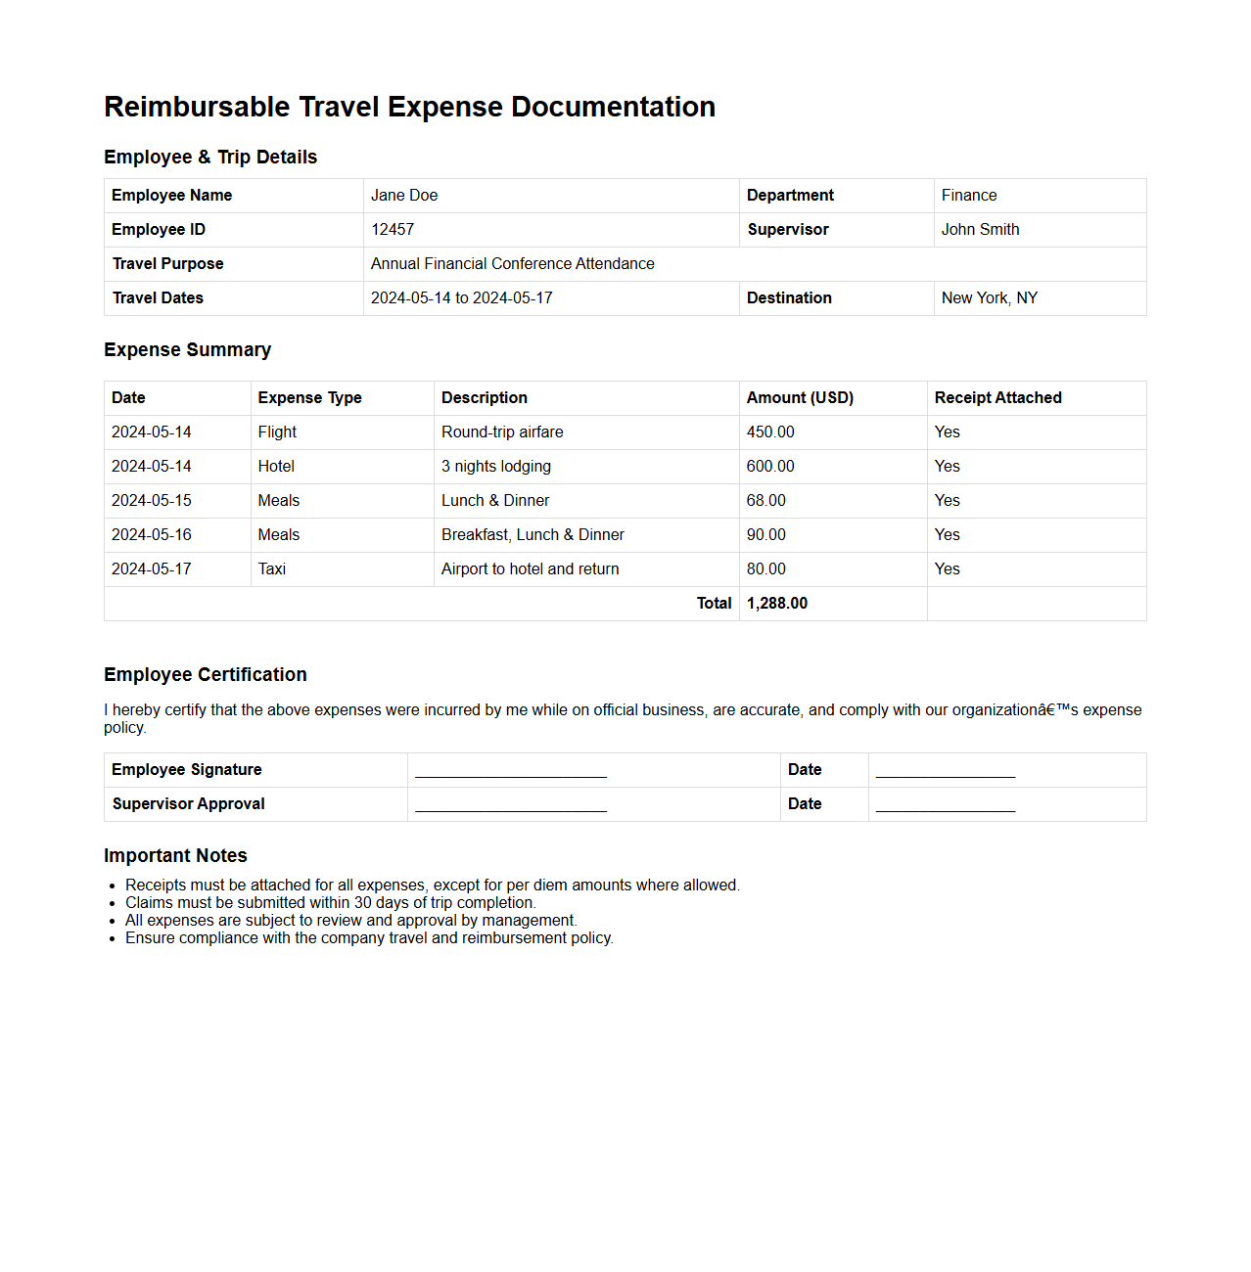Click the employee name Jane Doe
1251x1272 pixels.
[x=403, y=196]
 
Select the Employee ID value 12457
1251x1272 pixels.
[x=392, y=230]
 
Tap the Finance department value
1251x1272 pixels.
[x=968, y=196]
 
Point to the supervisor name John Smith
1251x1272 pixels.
[x=980, y=230]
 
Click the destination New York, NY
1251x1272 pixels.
[x=989, y=298]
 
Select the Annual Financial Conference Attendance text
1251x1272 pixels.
[x=512, y=264]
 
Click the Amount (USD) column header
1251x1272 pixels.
[x=800, y=398]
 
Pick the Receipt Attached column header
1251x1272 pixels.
[x=997, y=398]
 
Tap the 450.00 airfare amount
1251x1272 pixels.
[x=770, y=432]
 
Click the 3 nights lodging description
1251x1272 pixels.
[x=495, y=467]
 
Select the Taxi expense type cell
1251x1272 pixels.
[x=272, y=569]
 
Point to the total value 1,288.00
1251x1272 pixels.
[x=777, y=604]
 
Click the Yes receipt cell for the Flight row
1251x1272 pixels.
[x=947, y=432]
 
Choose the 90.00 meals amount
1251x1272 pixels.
[x=765, y=535]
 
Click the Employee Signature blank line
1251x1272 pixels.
[x=511, y=772]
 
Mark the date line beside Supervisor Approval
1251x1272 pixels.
[x=945, y=806]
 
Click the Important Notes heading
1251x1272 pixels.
[x=175, y=856]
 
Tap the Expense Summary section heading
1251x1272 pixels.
[x=187, y=350]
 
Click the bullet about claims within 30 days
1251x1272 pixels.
[x=330, y=903]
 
